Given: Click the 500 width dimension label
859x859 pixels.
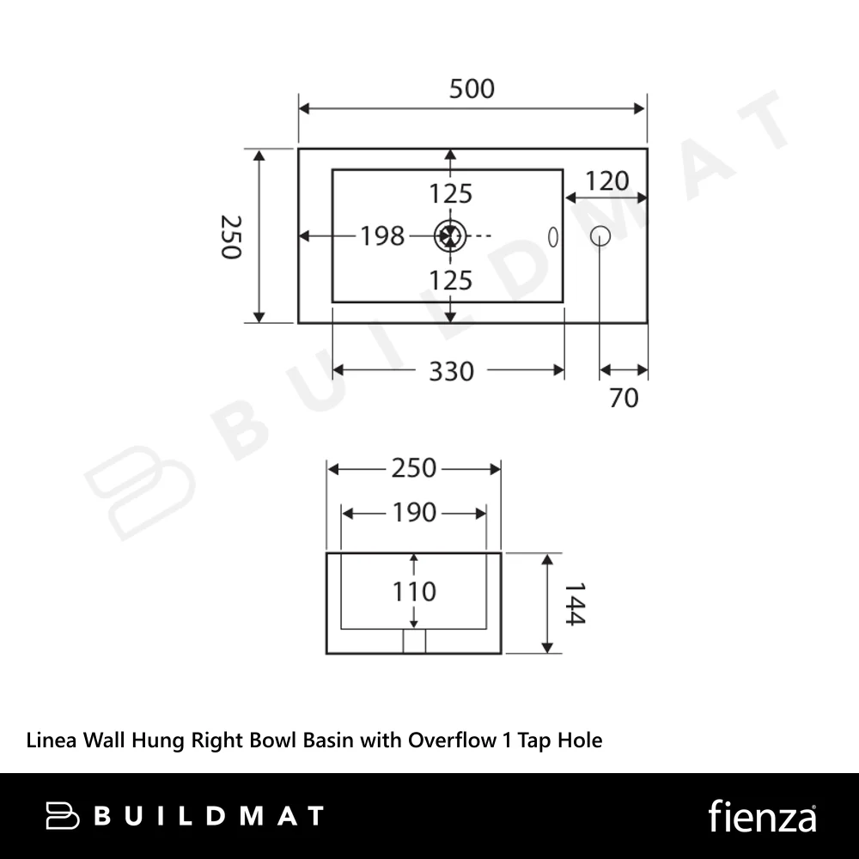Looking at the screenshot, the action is click(x=472, y=88).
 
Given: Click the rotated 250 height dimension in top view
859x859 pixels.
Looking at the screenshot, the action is click(x=230, y=237).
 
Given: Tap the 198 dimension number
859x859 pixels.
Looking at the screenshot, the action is click(x=382, y=236).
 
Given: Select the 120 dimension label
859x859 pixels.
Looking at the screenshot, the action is click(x=607, y=181).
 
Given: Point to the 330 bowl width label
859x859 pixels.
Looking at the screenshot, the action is click(x=451, y=371).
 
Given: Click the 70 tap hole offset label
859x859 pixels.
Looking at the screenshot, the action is click(x=624, y=399).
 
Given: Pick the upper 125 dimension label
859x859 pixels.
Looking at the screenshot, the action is click(x=450, y=194).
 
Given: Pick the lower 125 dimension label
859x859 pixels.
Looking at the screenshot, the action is click(x=450, y=281).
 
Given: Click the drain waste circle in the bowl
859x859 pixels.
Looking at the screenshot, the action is click(x=450, y=236).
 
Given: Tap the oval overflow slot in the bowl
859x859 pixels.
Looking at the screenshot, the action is click(x=553, y=237).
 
